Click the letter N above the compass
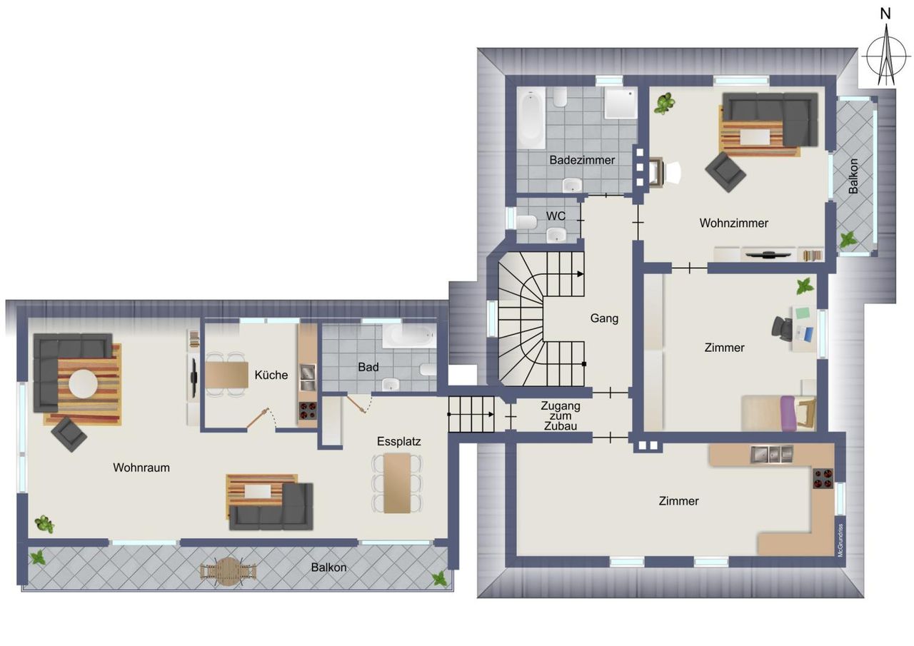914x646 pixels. pyautogui.click(x=885, y=14)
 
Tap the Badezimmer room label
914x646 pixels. pyautogui.click(x=582, y=161)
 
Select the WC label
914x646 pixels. pyautogui.click(x=556, y=216)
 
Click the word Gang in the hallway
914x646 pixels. pyautogui.click(x=604, y=318)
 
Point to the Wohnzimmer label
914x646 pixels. pyautogui.click(x=733, y=223)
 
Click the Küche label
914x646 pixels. pyautogui.click(x=271, y=375)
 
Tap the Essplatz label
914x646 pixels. pyautogui.click(x=398, y=441)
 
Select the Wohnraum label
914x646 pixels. pyautogui.click(x=141, y=468)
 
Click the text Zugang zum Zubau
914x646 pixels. pyautogui.click(x=561, y=416)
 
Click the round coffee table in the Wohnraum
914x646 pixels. pyautogui.click(x=84, y=384)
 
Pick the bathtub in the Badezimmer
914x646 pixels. pyautogui.click(x=531, y=118)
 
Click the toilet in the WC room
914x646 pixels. pyautogui.click(x=526, y=223)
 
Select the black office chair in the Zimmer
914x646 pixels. pyautogui.click(x=782, y=327)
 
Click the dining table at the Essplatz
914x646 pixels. pyautogui.click(x=397, y=483)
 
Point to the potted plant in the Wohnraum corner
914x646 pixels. pyautogui.click(x=44, y=524)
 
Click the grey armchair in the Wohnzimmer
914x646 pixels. pyautogui.click(x=725, y=172)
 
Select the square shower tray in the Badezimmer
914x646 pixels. pyautogui.click(x=621, y=104)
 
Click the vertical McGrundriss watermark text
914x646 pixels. pyautogui.click(x=840, y=540)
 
